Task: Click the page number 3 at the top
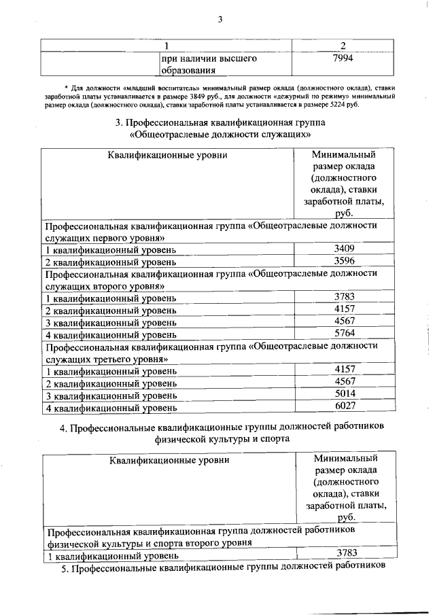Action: pyautogui.click(x=220, y=19)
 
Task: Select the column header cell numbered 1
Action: pyautogui.click(x=166, y=46)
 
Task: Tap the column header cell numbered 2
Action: pyautogui.click(x=343, y=46)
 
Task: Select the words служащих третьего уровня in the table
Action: pyautogui.click(x=106, y=358)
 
